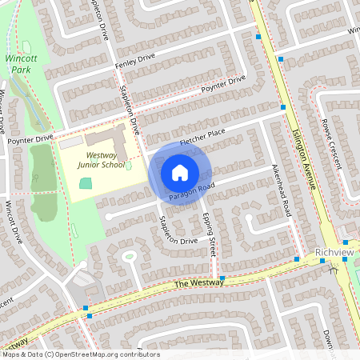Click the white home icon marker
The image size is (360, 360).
tap(180, 172)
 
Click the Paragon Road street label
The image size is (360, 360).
tap(192, 191)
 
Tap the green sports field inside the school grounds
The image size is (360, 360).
tap(86, 183)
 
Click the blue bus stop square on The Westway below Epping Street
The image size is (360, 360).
tap(222, 278)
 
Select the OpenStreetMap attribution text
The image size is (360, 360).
tap(80, 354)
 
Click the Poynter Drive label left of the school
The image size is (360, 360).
tap(31, 138)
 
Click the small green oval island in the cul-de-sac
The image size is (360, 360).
tap(128, 257)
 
